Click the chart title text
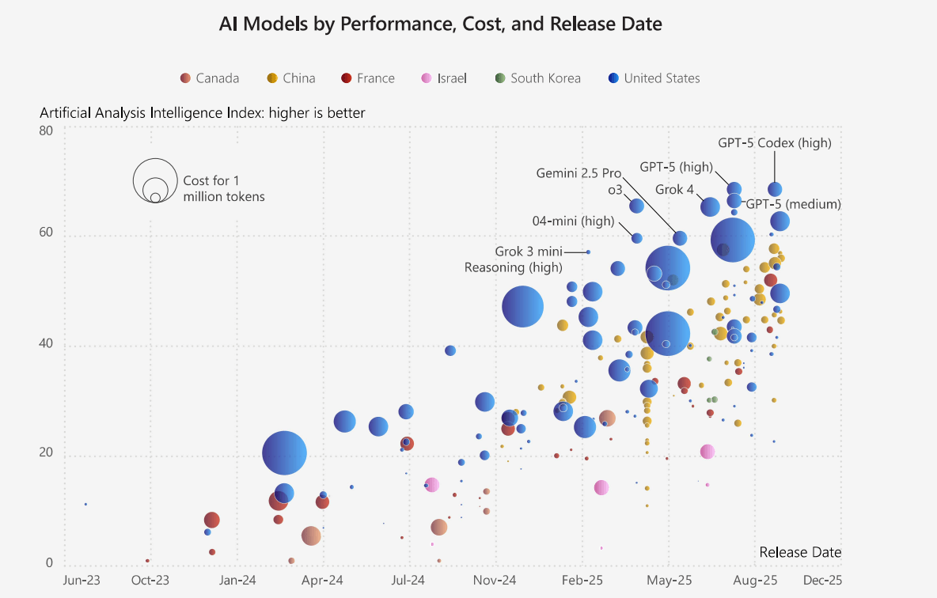(x=440, y=25)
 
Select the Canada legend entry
(x=210, y=78)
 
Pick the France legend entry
(x=368, y=78)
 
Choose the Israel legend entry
(x=444, y=78)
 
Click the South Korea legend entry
(x=537, y=78)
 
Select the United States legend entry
(x=654, y=78)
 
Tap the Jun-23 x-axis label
(x=82, y=581)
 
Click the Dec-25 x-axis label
(x=822, y=581)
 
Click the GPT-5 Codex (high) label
(x=774, y=143)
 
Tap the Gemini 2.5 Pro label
(x=579, y=172)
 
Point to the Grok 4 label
(x=674, y=190)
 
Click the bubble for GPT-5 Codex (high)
(x=775, y=189)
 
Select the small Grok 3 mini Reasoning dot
(x=588, y=252)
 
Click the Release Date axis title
(x=799, y=552)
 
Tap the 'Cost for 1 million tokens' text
(x=224, y=188)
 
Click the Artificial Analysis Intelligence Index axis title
(x=203, y=113)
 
